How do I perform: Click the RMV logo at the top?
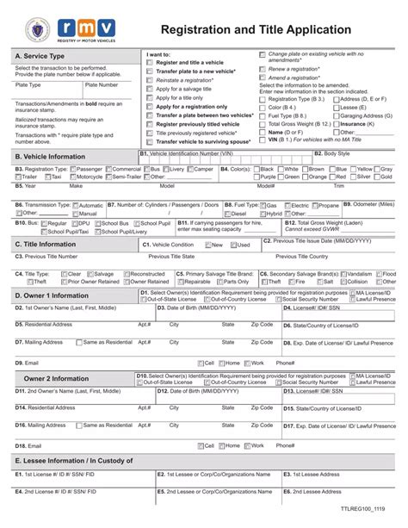point(83,29)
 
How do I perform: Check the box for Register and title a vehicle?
point(151,63)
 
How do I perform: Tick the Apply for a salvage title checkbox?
point(151,89)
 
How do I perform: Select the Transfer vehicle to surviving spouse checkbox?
point(151,141)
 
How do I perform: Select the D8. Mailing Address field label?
point(39,341)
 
